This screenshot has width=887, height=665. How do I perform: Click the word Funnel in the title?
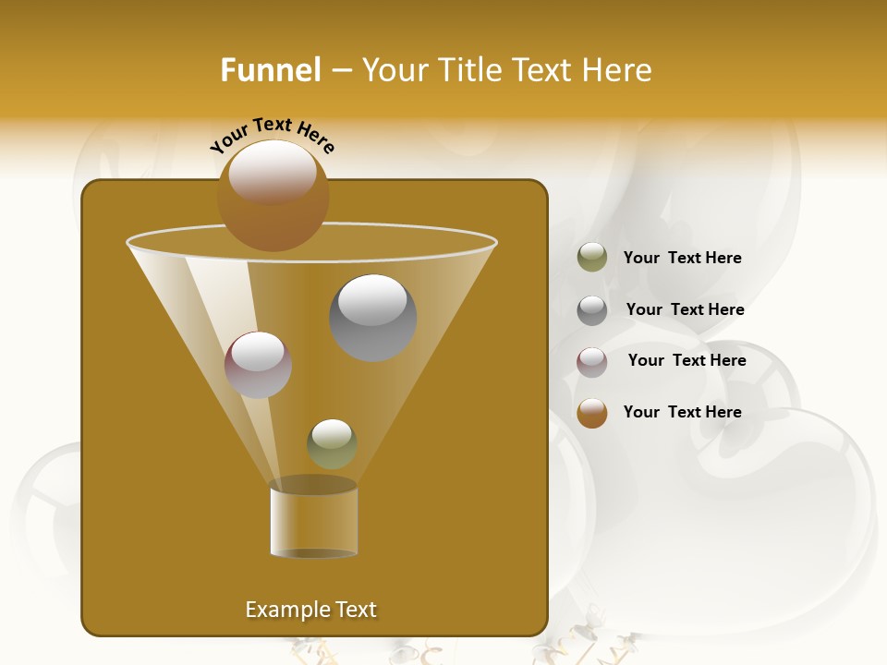click(271, 70)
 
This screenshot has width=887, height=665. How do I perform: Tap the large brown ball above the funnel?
click(273, 196)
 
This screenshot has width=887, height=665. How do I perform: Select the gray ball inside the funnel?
click(373, 318)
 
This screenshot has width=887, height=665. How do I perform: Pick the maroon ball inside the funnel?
click(259, 365)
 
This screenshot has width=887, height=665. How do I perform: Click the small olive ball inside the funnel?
click(332, 444)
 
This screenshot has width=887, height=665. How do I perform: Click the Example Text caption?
click(311, 610)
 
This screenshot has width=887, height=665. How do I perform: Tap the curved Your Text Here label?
click(272, 136)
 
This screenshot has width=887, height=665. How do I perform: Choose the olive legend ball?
click(592, 258)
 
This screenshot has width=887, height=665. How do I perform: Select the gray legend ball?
click(592, 309)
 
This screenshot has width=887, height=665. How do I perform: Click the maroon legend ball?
click(592, 361)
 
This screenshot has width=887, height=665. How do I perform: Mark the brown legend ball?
click(592, 413)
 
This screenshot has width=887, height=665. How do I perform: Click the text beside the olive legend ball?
click(682, 258)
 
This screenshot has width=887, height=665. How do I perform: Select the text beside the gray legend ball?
click(685, 309)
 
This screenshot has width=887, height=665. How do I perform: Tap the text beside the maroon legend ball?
click(687, 360)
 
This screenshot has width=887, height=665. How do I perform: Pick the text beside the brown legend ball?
click(682, 412)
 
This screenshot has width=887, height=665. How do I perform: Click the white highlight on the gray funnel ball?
click(373, 298)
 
